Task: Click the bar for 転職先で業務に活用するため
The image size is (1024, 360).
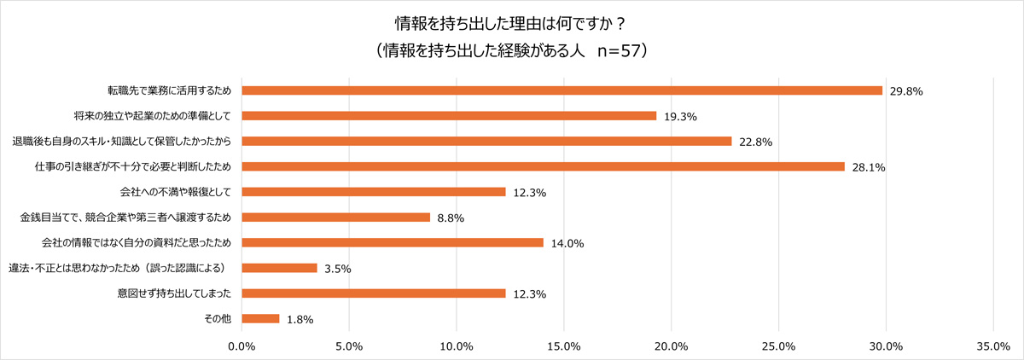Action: (x=562, y=90)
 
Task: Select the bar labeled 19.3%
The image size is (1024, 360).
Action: (x=450, y=115)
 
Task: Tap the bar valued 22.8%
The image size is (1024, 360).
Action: (x=487, y=141)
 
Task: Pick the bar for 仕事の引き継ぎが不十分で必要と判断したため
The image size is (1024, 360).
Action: (x=544, y=166)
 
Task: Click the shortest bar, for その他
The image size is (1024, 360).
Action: (x=261, y=319)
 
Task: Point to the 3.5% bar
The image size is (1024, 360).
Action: (x=280, y=268)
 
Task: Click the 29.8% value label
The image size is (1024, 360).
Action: (x=906, y=91)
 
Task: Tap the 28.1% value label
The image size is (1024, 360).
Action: (x=869, y=168)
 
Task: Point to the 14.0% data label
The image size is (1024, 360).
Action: (x=567, y=244)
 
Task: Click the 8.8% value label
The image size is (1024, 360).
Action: (x=451, y=218)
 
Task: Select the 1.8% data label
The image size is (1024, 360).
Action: (x=300, y=320)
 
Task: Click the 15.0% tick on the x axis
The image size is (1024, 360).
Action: (x=564, y=346)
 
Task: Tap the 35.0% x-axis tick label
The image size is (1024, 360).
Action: (x=993, y=346)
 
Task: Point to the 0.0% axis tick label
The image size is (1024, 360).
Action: (x=242, y=346)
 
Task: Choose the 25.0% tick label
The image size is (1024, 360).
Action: (x=778, y=346)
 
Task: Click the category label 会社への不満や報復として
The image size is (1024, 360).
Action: (x=178, y=192)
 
